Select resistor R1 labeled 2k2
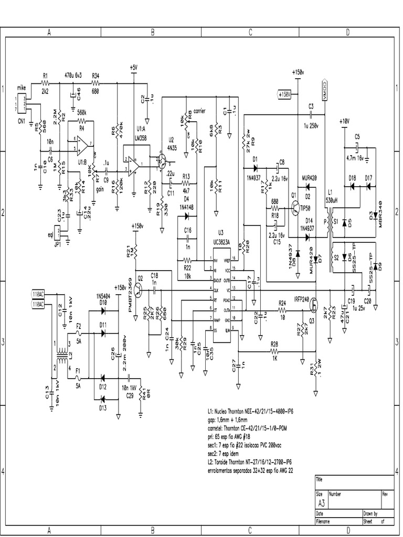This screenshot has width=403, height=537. tap(45, 83)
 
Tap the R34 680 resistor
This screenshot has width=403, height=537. tap(96, 83)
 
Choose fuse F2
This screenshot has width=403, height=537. tap(79, 332)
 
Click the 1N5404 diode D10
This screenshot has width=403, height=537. tap(102, 310)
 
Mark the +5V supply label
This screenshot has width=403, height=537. tap(134, 68)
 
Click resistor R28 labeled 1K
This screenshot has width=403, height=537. tap(274, 351)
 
